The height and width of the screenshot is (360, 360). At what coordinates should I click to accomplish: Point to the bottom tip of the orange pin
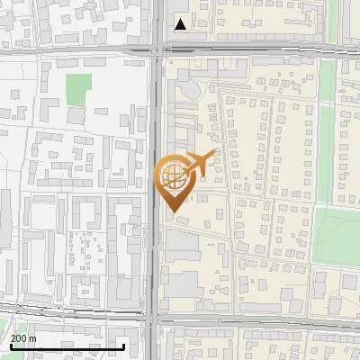(172, 211)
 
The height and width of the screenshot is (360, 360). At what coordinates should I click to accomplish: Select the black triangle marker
(181, 24)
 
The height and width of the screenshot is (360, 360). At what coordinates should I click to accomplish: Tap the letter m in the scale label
(32, 339)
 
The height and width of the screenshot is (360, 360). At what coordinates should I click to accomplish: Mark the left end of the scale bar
(11, 347)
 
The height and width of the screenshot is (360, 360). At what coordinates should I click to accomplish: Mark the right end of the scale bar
(123, 347)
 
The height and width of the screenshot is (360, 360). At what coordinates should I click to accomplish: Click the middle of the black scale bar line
(67, 347)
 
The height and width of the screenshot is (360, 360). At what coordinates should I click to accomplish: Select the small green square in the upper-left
(79, 88)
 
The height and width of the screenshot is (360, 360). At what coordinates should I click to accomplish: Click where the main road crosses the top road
(157, 51)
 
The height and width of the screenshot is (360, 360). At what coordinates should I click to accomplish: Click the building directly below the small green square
(76, 116)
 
